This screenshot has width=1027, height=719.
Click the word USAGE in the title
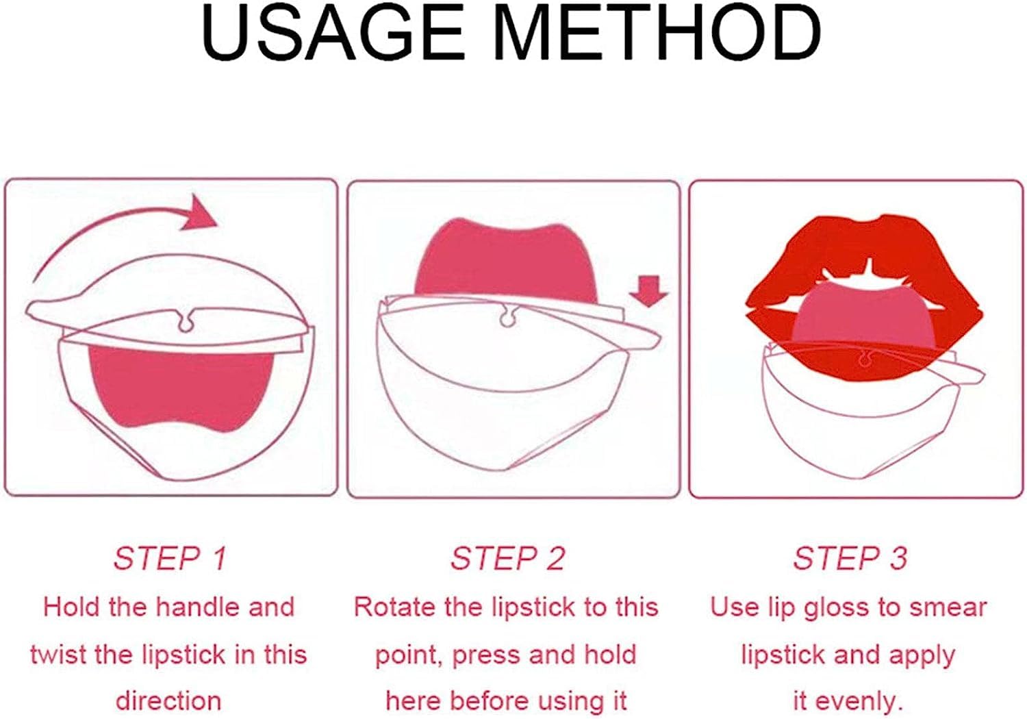(x=333, y=33)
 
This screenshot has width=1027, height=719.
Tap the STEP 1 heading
(x=170, y=559)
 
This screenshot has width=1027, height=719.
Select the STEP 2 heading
(x=507, y=559)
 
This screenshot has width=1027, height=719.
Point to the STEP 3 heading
(x=850, y=559)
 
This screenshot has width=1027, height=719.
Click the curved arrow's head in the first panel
(x=198, y=212)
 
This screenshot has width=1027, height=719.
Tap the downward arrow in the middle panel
(x=648, y=291)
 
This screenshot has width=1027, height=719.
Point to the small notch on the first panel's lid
(x=184, y=321)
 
